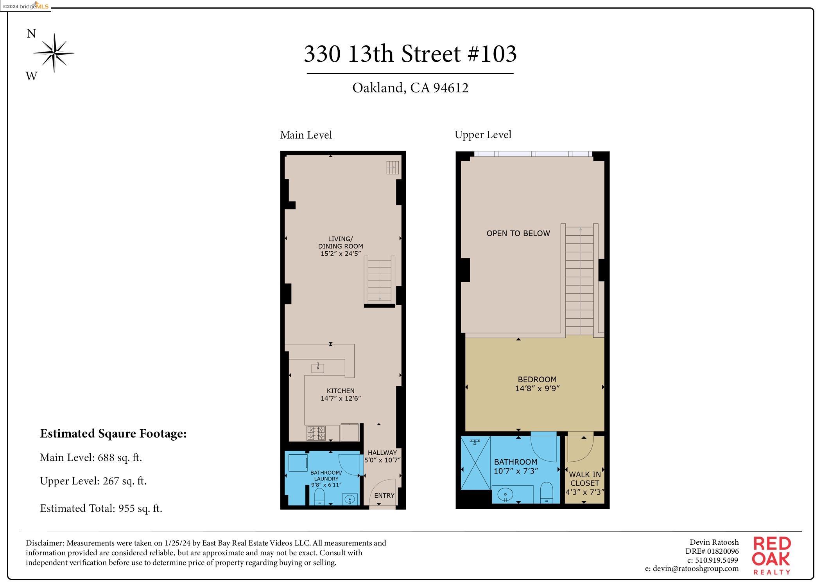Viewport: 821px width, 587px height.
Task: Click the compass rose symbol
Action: coord(54,53)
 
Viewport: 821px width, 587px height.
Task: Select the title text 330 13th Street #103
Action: coord(410,54)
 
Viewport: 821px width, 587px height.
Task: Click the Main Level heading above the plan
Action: coord(306,135)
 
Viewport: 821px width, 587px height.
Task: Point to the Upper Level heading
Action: coord(482,135)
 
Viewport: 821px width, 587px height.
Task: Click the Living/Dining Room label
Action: coord(340,242)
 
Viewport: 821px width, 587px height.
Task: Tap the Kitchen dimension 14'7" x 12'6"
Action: coord(340,398)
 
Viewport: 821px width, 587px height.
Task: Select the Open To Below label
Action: coord(518,233)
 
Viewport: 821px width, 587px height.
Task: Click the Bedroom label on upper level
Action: coord(537,379)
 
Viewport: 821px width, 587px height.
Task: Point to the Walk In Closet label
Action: coord(584,479)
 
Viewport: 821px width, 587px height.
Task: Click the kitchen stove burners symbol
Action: coord(316,433)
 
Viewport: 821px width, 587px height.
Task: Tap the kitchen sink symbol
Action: coord(317,367)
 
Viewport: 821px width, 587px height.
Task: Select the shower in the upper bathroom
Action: coord(475,463)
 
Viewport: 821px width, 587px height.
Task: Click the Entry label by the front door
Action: coord(384,495)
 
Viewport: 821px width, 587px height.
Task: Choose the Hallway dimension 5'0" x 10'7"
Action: coord(382,460)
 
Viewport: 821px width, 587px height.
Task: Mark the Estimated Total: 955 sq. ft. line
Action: coord(101,508)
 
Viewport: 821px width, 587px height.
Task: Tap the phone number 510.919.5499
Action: coord(716,560)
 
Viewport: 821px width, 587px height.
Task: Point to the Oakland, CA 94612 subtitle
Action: coord(410,88)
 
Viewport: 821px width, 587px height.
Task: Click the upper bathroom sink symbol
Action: coord(505,495)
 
